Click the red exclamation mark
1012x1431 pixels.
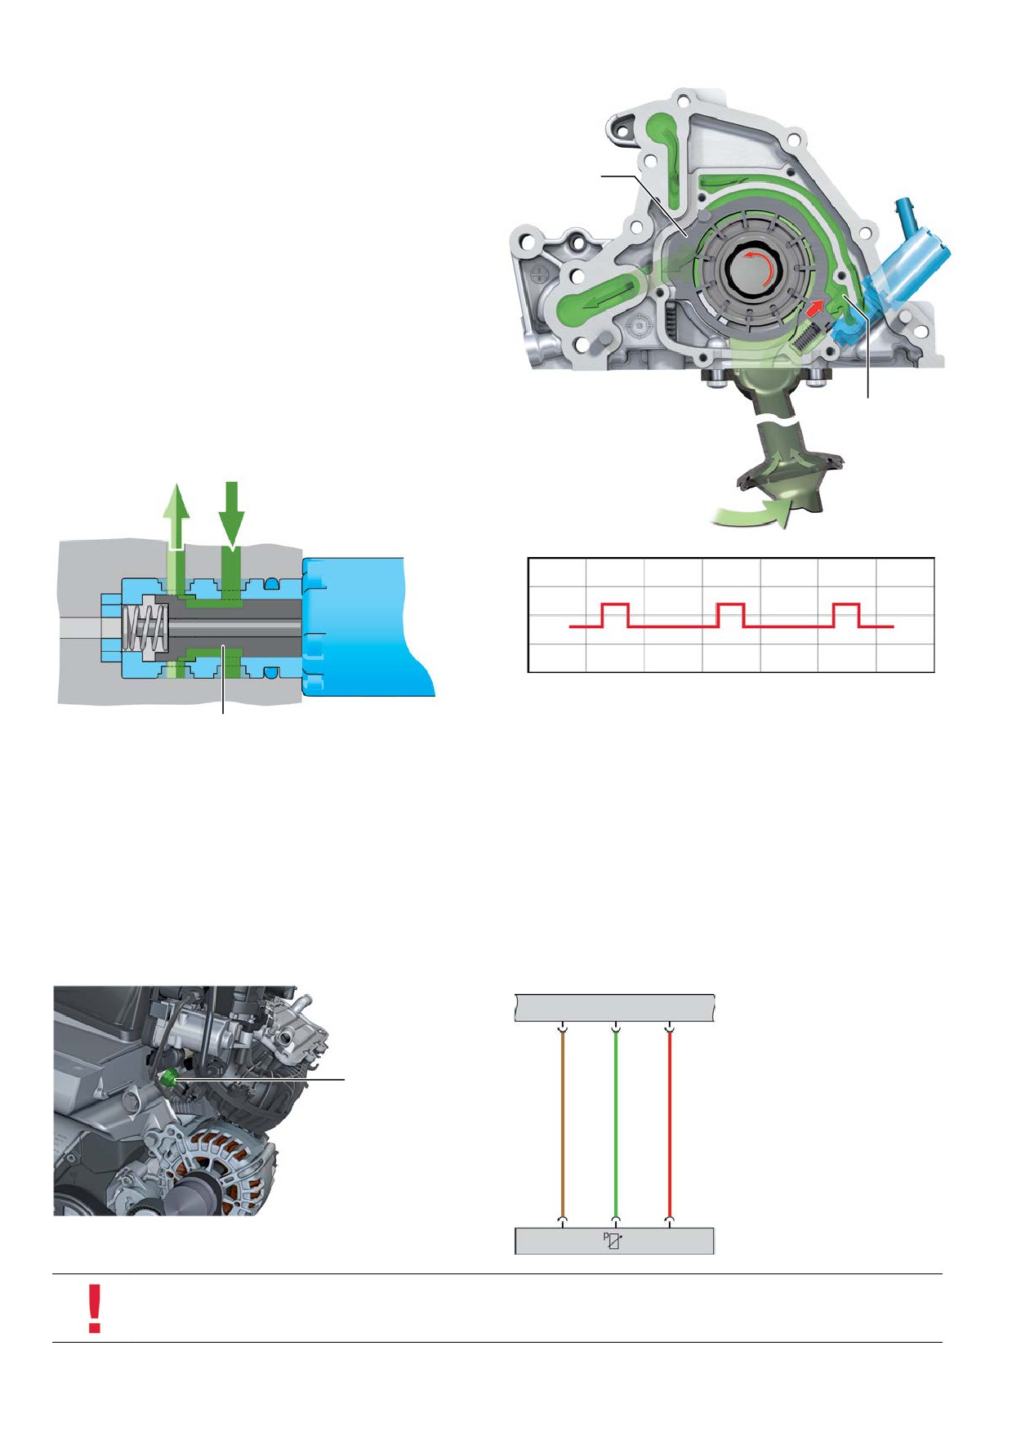point(95,1308)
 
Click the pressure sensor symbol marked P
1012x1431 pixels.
point(613,1241)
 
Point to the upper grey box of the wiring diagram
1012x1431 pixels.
point(615,1008)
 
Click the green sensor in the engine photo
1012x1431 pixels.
point(169,1078)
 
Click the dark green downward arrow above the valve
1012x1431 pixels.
point(232,515)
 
